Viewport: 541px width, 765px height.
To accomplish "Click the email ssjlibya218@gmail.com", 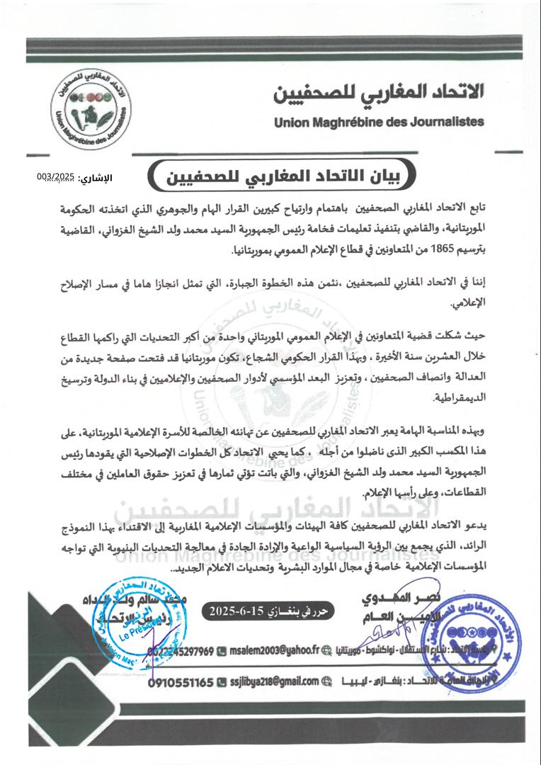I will click(273, 682).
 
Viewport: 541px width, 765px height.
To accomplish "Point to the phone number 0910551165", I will click(181, 682).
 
